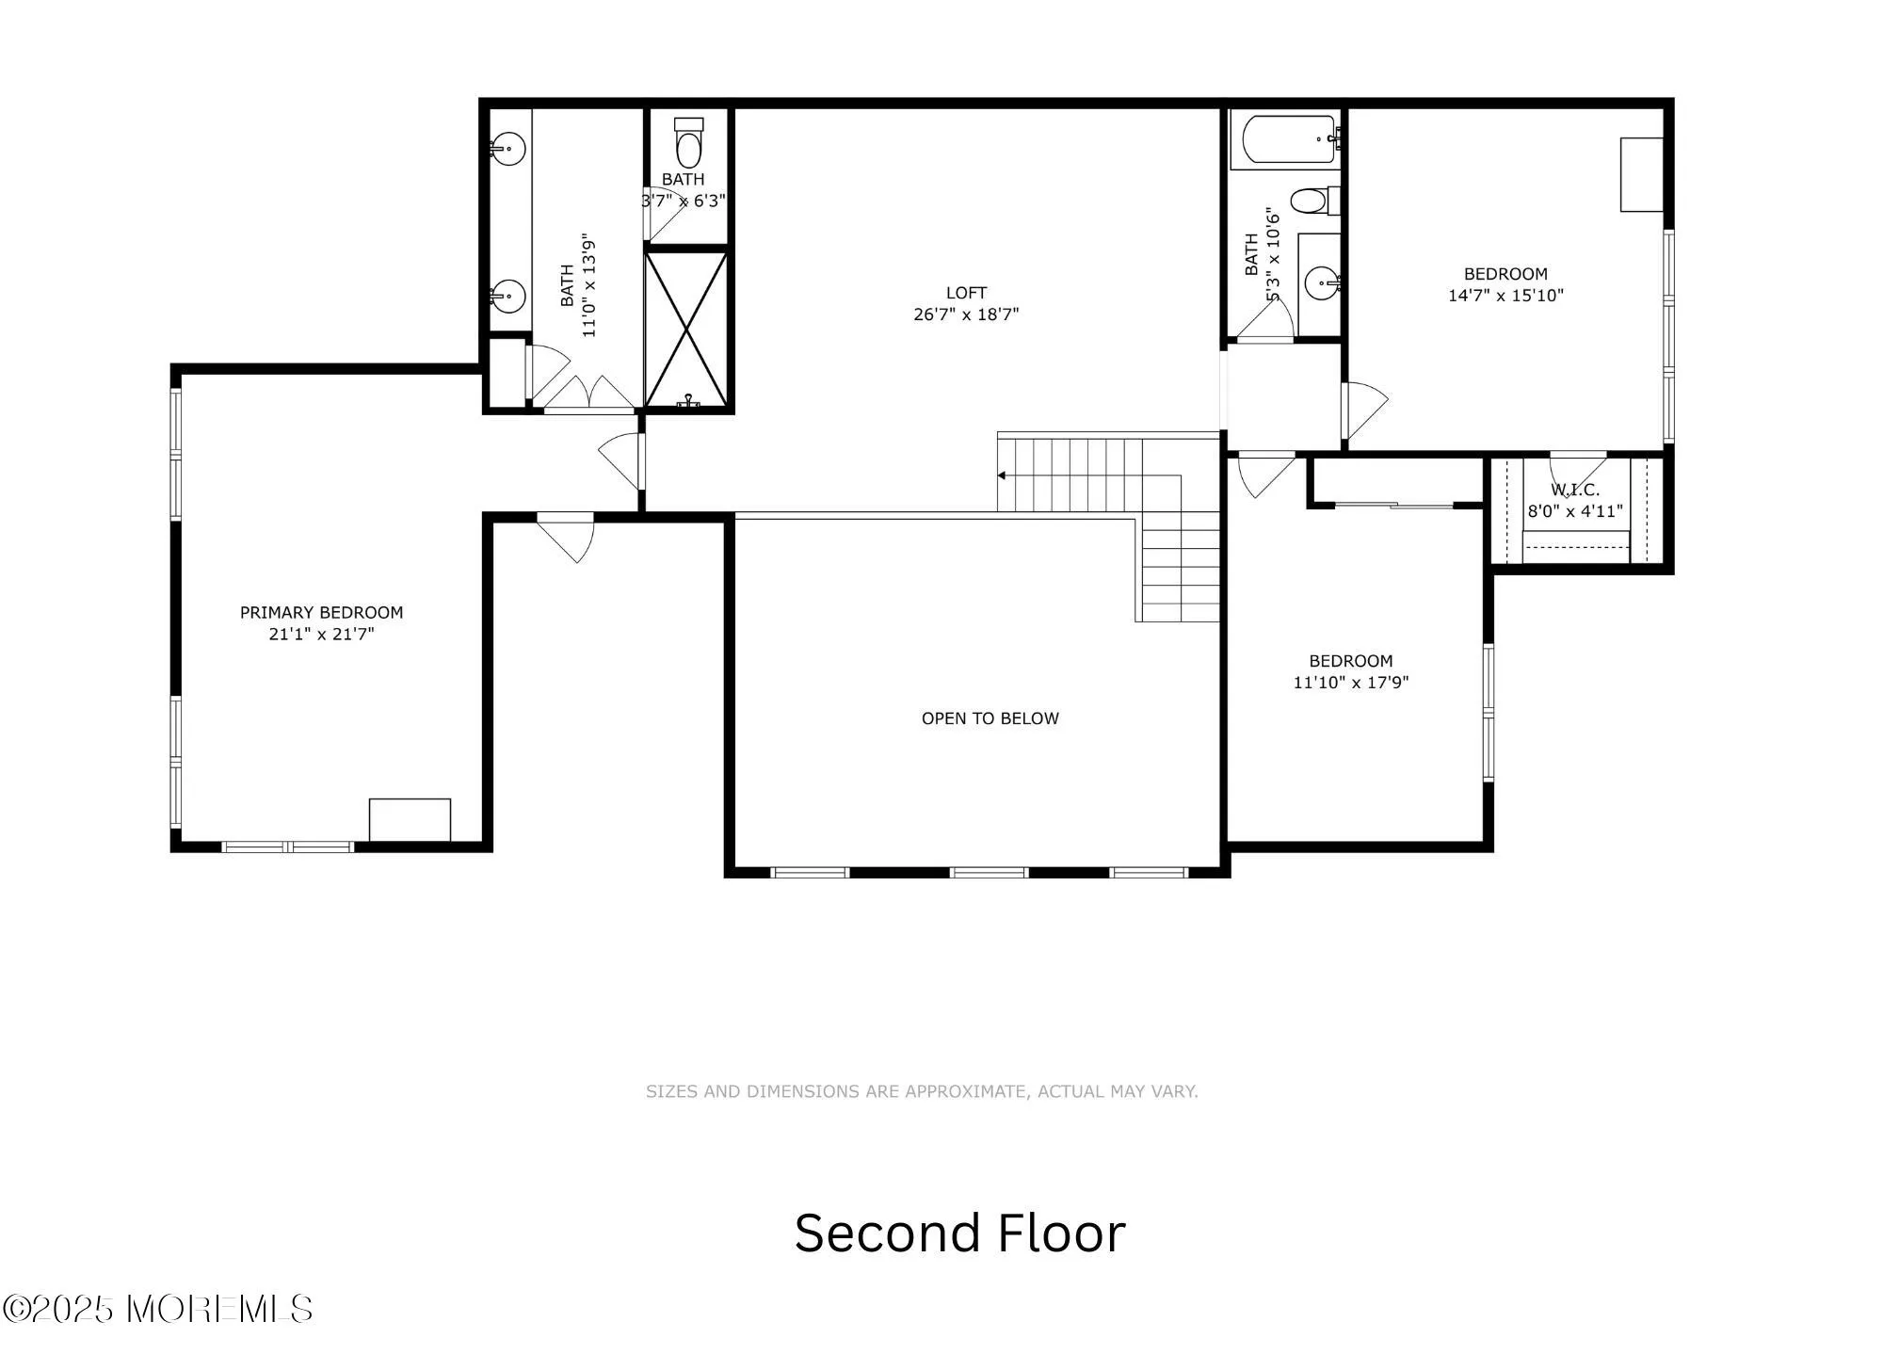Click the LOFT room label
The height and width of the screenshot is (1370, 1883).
(966, 293)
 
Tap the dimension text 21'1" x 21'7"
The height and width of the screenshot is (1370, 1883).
(321, 634)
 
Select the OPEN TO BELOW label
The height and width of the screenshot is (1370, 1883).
(990, 718)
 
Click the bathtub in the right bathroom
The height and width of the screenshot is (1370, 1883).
(1287, 139)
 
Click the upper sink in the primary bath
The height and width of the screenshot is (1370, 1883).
(508, 148)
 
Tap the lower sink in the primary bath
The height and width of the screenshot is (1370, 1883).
(508, 297)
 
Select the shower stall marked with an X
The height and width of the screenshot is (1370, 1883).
(686, 328)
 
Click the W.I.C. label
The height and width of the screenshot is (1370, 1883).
(1575, 490)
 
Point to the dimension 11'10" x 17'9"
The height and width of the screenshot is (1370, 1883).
(1350, 683)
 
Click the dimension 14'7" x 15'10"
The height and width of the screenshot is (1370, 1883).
(1505, 296)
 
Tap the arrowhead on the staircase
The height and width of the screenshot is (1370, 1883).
(1002, 475)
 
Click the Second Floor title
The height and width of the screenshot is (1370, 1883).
(959, 1233)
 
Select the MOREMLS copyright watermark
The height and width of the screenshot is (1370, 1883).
(157, 1309)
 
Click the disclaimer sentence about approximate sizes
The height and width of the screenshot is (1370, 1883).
(922, 1091)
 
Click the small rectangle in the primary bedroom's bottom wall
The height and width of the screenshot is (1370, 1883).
(410, 819)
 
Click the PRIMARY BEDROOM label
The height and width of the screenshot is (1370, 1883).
(321, 612)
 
